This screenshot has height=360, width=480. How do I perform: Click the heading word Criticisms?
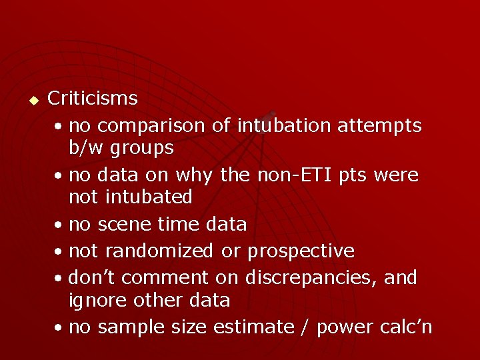[x=93, y=99]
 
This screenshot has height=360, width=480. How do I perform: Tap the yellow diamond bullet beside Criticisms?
[x=33, y=101]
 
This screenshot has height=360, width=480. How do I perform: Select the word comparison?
[x=150, y=125]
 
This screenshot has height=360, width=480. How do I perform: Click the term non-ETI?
[x=293, y=175]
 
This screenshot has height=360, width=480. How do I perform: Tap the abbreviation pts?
[x=353, y=176]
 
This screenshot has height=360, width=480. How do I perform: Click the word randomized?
[x=161, y=251]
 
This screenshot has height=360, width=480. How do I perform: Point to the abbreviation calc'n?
[x=405, y=327]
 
